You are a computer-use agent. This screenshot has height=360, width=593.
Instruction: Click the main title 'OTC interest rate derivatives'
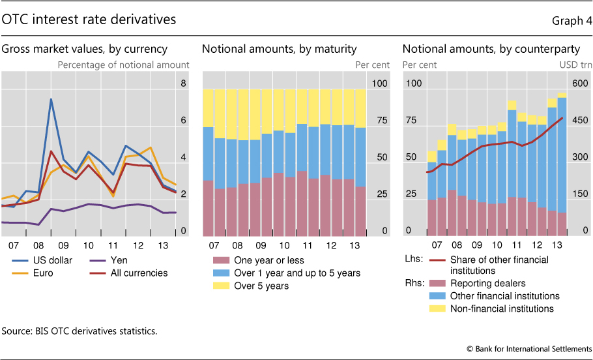[x=89, y=20]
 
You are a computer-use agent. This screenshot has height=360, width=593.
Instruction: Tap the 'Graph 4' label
[x=568, y=20]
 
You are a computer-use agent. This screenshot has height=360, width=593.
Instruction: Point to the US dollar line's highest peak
[x=51, y=99]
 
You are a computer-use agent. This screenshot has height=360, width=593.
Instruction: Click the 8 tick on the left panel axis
[x=183, y=83]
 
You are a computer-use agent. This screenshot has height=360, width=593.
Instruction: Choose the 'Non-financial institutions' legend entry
[x=502, y=308]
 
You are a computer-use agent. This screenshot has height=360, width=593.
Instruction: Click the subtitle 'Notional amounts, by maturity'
[x=280, y=48]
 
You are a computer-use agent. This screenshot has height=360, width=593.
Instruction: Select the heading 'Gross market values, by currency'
[x=84, y=48]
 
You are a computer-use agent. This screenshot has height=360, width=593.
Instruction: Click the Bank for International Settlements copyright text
[x=529, y=349]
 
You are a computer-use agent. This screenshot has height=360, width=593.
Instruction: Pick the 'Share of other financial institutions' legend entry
[x=499, y=265]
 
